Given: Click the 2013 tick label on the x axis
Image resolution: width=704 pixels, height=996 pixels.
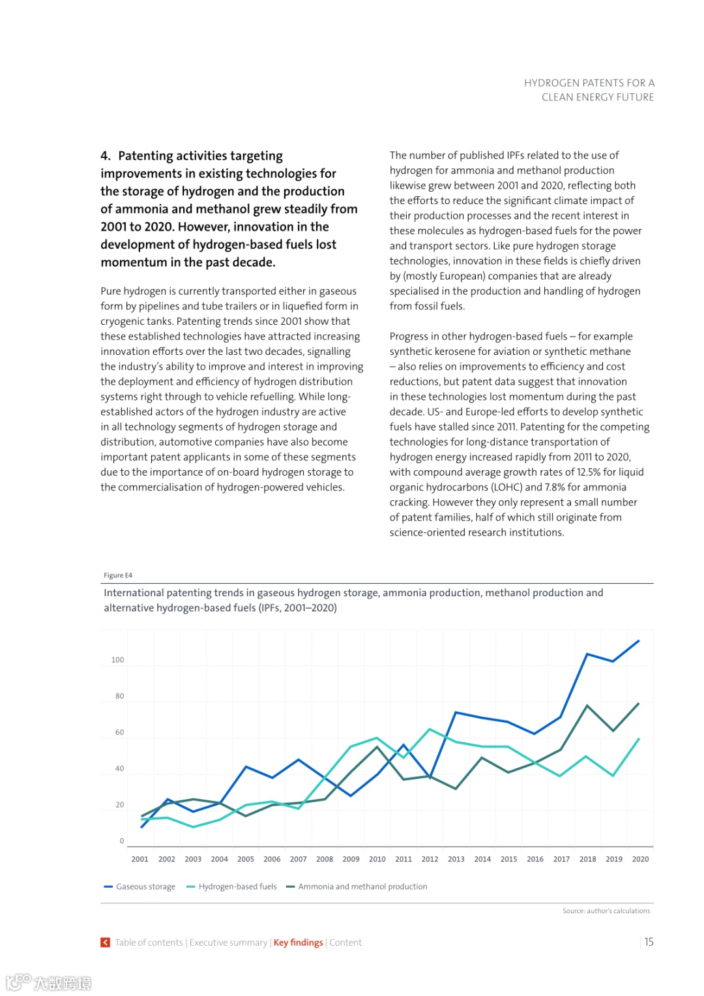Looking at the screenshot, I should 456,859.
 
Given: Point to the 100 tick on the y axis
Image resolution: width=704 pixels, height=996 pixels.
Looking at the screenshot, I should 117,660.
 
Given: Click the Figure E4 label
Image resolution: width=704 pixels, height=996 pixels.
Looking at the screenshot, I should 118,575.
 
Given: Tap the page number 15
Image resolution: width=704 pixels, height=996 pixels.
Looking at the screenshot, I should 649,942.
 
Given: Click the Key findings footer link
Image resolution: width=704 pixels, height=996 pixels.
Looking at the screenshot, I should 298,943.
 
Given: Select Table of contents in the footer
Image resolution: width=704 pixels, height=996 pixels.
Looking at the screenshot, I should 149,943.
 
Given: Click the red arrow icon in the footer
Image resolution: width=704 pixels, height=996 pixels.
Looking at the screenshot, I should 105,943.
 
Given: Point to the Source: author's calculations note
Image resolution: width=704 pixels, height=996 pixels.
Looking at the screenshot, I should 606,911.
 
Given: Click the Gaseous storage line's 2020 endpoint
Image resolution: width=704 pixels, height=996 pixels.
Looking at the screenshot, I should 639,641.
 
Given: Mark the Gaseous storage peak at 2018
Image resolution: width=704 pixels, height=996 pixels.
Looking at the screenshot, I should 587,654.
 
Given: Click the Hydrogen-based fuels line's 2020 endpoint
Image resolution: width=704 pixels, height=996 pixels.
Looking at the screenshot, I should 639,739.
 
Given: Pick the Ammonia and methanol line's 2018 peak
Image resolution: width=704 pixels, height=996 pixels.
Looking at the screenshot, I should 587,706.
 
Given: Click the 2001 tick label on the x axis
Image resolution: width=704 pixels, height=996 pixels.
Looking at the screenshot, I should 139,859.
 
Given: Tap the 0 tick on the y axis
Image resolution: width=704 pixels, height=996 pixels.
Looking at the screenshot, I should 121,841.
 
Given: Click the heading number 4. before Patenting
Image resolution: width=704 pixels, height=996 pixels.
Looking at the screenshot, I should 106,156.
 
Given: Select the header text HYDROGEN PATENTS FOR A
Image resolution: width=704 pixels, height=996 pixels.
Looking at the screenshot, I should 589,83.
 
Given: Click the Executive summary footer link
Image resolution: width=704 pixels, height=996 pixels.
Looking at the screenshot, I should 228,943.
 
